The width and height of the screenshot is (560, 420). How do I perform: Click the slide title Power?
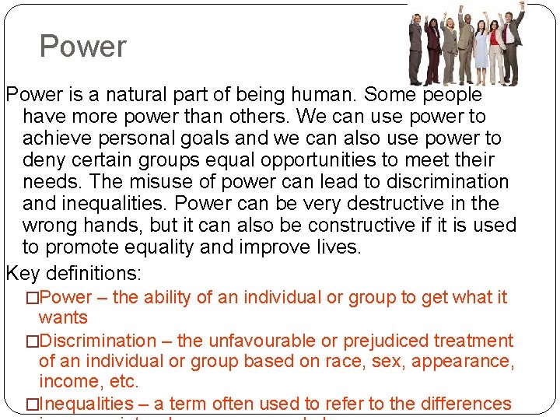82,47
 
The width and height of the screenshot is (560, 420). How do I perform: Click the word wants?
63,317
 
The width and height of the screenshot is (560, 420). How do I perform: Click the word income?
68,382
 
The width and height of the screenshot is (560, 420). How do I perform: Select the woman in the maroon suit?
432,51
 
